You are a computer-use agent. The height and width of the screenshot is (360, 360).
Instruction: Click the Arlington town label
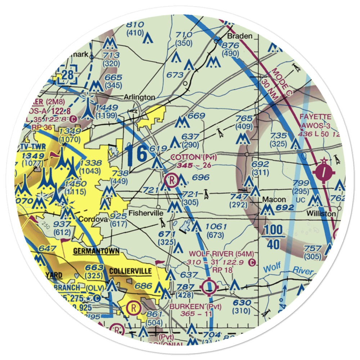coord(139,97)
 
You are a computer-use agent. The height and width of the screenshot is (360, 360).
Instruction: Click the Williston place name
coord(321,213)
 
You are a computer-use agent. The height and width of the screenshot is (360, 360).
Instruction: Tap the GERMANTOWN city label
coord(96,251)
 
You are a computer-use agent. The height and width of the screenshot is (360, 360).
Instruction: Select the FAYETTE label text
coord(316,117)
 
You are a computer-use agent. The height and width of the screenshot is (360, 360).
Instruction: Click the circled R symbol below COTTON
coord(171,179)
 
